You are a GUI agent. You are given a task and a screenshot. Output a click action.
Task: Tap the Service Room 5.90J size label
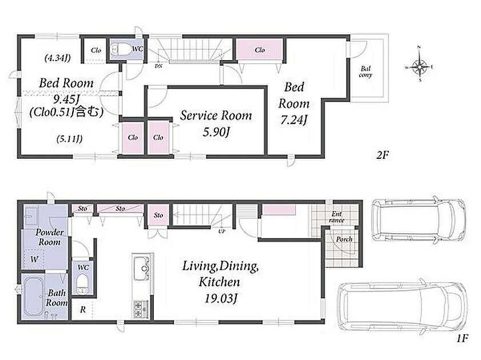pyautogui.click(x=216, y=132)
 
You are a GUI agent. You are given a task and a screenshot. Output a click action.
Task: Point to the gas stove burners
pyautogui.click(x=141, y=309)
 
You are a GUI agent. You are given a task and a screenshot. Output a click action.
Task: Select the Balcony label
pyautogui.click(x=365, y=71)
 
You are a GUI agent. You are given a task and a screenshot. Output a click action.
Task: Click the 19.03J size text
pyautogui.click(x=221, y=298)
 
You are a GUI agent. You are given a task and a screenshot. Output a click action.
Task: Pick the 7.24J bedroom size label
pyautogui.click(x=293, y=120)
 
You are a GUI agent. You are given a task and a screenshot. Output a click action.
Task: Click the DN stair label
pyautogui.click(x=158, y=66)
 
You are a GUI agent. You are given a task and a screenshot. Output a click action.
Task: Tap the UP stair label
pyautogui.click(x=222, y=231)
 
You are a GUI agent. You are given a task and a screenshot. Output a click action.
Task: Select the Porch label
pyautogui.click(x=344, y=239)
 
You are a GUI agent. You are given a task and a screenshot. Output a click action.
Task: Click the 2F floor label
pyautogui.click(x=383, y=155)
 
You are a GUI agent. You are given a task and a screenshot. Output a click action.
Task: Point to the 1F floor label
pyautogui.click(x=462, y=338)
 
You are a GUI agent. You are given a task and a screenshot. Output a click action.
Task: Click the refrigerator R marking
pyautogui.click(x=83, y=310)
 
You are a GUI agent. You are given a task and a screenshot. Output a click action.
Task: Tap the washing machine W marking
pyautogui.click(x=34, y=259)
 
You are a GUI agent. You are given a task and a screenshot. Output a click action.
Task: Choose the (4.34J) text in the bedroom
pyautogui.click(x=58, y=58)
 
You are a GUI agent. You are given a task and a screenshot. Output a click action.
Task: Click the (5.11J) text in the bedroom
pyautogui.click(x=69, y=139)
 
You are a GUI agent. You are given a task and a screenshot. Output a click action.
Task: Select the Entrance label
pyautogui.click(x=336, y=217)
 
